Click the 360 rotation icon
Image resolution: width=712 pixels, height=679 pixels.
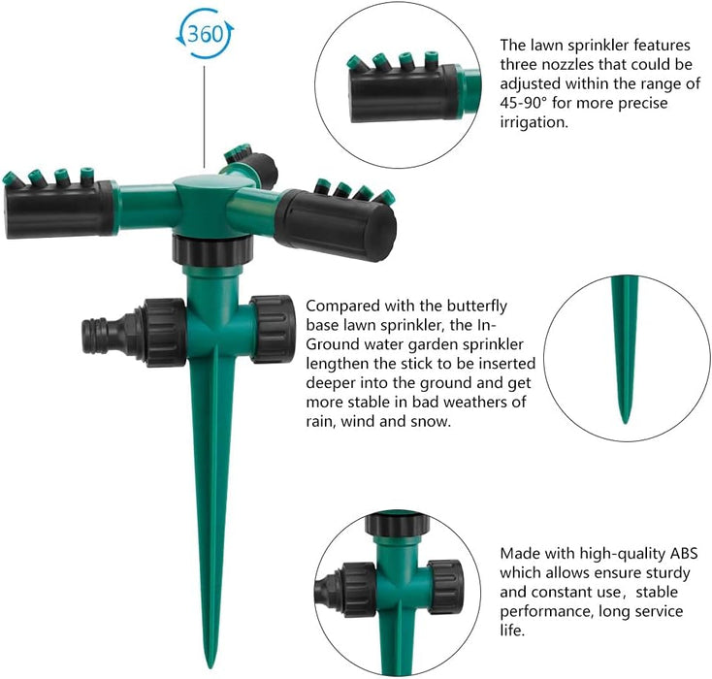click(x=206, y=35)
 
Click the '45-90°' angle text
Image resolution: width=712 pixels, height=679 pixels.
click(x=525, y=103)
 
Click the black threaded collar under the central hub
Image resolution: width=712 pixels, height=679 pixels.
click(x=212, y=250)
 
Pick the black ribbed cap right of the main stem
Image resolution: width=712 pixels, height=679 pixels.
click(x=273, y=329)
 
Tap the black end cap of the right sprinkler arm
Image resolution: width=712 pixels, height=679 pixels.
click(x=336, y=225)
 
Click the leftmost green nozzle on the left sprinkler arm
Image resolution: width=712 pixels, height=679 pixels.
click(x=12, y=178)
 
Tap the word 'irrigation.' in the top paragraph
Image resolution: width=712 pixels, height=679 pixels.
click(x=534, y=122)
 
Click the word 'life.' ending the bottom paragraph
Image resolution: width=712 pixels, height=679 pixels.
click(x=512, y=630)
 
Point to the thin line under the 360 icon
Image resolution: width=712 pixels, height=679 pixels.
click(x=205, y=117)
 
